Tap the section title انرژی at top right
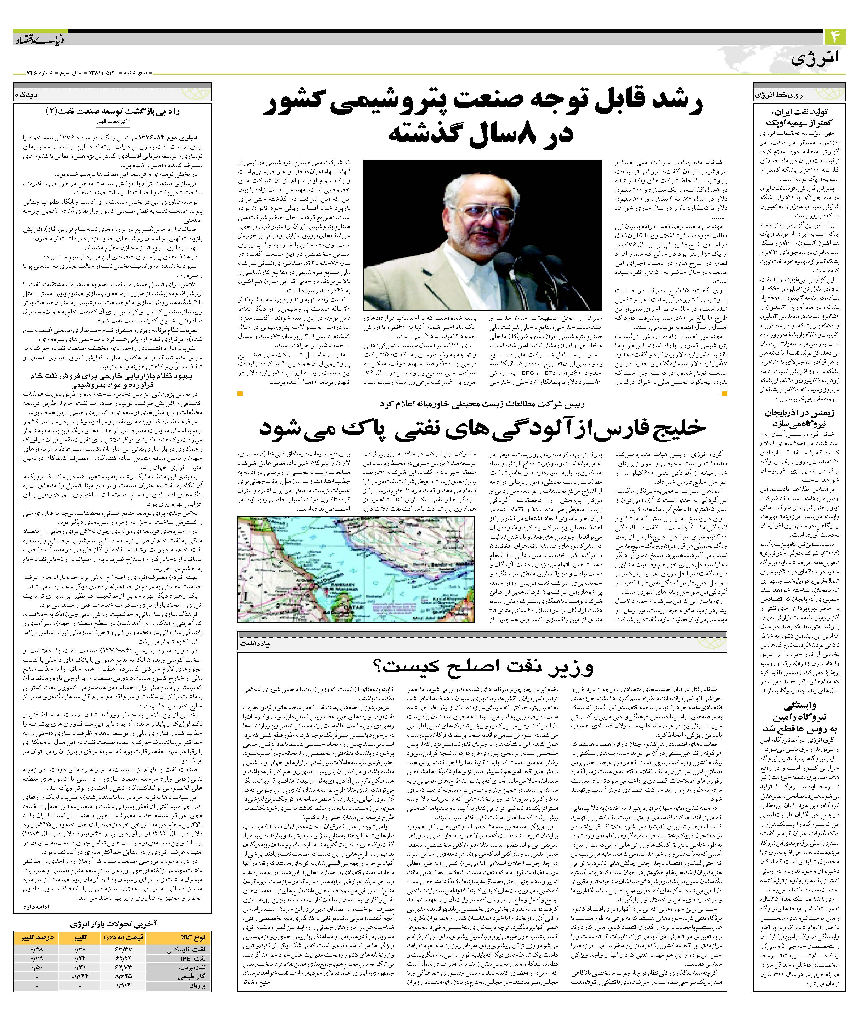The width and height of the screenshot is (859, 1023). tap(821, 59)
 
